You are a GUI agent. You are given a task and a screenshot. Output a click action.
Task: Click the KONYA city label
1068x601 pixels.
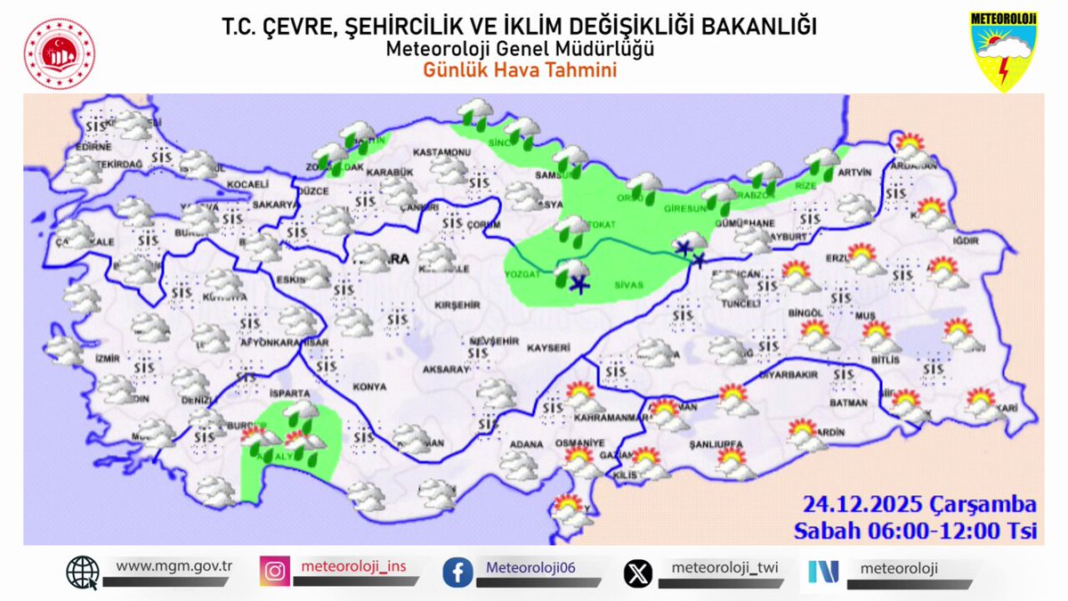coord(369,386)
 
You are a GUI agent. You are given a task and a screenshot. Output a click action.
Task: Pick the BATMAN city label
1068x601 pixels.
coord(847,402)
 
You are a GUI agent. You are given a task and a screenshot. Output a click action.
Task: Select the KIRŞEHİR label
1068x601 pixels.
coord(457,305)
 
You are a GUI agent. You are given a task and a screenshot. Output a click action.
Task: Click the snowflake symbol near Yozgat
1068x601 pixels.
coord(580,285)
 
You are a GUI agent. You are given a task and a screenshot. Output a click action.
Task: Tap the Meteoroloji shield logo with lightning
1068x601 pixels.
coord(1003,52)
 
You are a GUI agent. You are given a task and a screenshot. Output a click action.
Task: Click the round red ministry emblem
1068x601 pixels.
coord(60,53)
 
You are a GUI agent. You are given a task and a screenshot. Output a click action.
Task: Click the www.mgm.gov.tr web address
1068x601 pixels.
coord(174,565)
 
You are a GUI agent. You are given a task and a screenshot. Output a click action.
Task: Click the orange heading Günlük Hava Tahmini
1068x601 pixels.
coord(520,71)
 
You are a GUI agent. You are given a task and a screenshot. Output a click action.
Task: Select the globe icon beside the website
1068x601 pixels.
coord(83,572)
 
